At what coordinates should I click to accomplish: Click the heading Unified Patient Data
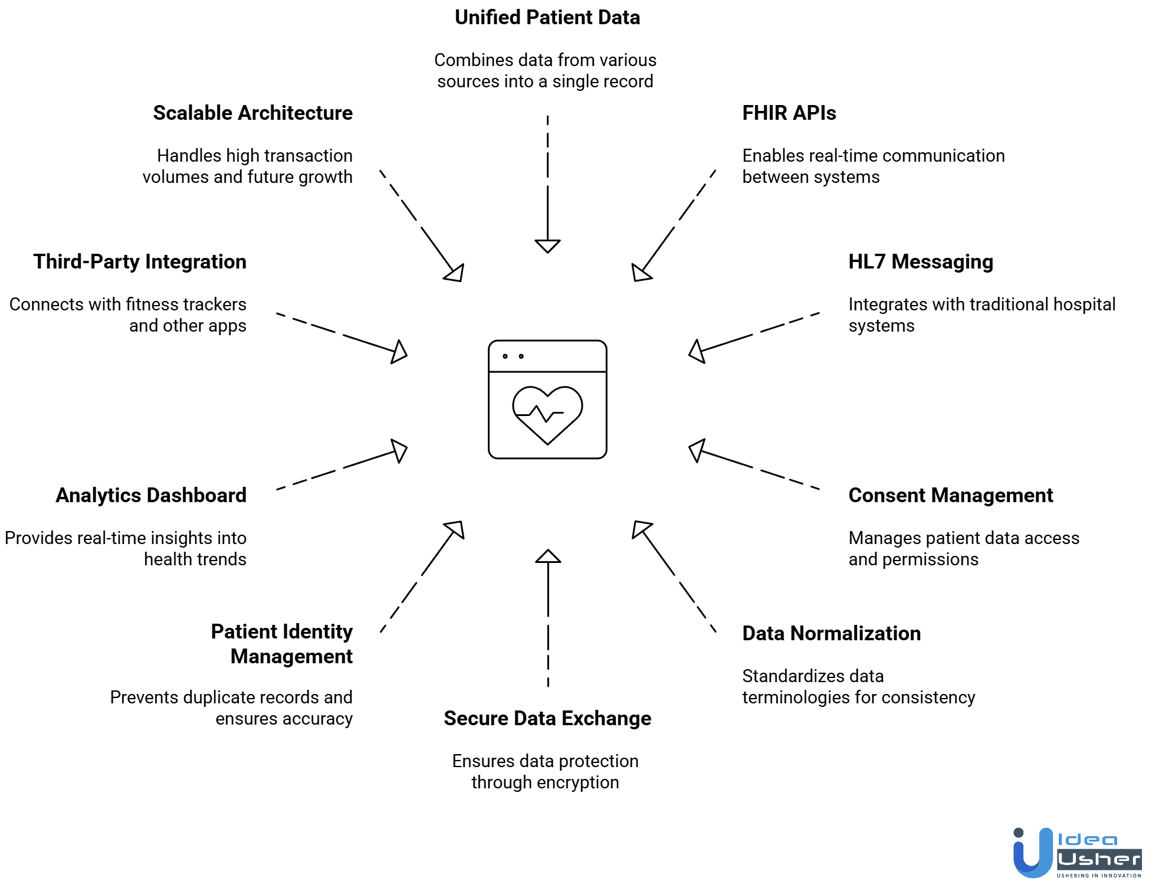pos(547,18)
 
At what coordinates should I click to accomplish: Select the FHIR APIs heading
pos(789,113)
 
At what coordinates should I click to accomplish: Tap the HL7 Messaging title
pos(920,261)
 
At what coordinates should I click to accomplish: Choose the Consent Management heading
pos(950,495)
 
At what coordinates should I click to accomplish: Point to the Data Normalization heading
pos(831,633)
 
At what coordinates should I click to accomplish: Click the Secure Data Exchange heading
pos(547,718)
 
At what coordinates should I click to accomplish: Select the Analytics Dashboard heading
pos(151,495)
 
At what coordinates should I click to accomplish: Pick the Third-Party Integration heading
pos(140,261)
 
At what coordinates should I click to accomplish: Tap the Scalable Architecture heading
pos(252,113)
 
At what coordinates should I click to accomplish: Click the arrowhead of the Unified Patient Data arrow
pos(547,245)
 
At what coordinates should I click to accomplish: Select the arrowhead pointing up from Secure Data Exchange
pos(548,556)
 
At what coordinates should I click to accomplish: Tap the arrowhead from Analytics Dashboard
pos(399,451)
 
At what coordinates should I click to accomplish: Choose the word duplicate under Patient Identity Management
pos(219,697)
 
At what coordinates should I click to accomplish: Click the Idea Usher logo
pos(1076,853)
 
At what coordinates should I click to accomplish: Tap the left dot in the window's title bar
pos(505,356)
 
